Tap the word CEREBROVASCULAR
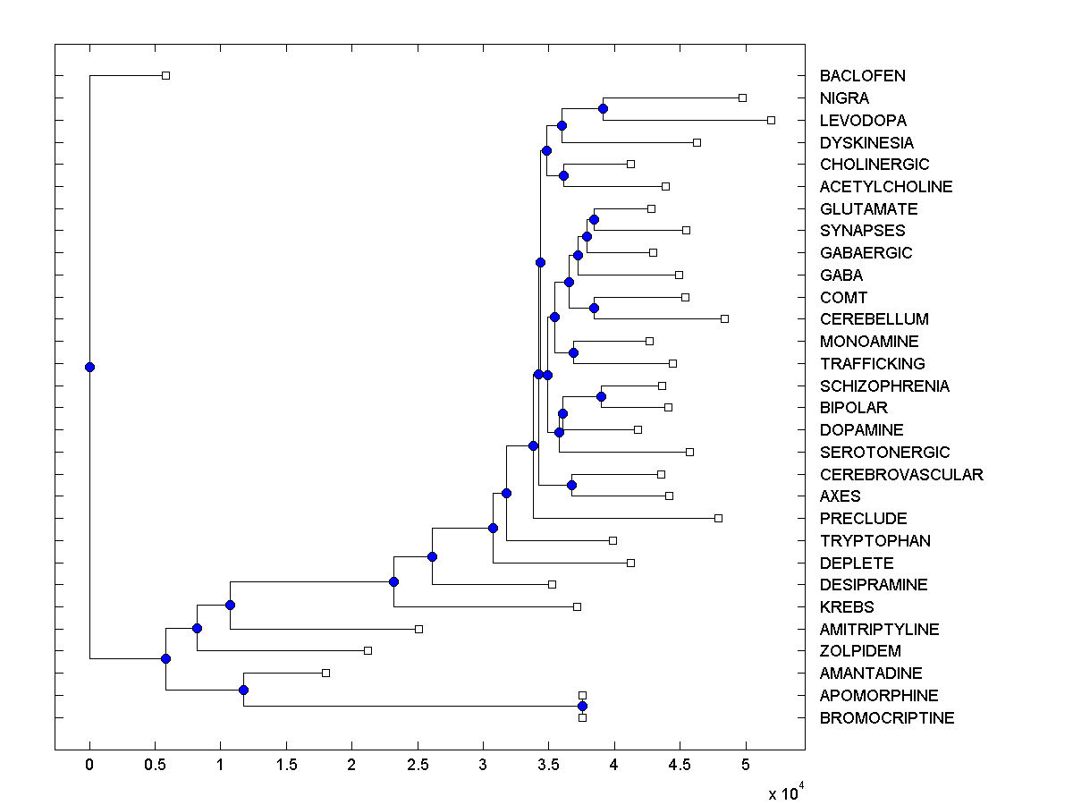(x=901, y=475)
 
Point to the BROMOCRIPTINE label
(x=887, y=718)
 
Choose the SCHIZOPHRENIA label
(x=884, y=386)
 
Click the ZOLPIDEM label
(x=860, y=651)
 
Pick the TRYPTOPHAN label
(x=874, y=541)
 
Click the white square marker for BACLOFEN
(x=165, y=76)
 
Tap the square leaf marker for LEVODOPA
(x=772, y=120)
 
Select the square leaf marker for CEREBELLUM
(x=725, y=318)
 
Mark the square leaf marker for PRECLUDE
(x=718, y=518)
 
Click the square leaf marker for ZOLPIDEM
(x=368, y=650)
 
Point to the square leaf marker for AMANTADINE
(x=325, y=673)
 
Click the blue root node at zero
(x=89, y=367)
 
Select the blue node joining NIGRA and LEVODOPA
(x=603, y=108)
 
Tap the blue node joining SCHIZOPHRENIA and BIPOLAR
(x=602, y=396)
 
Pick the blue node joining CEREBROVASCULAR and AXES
(x=572, y=485)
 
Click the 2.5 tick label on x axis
(x=418, y=765)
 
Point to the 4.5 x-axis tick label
(x=680, y=765)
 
